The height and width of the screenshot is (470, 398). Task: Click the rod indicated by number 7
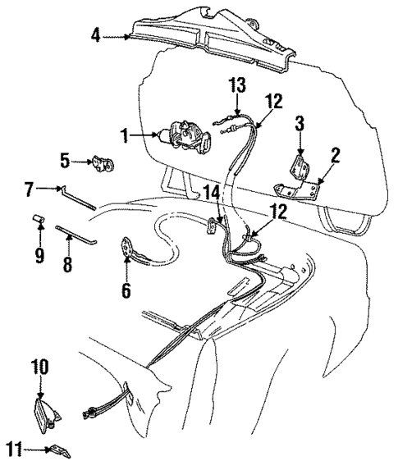80,199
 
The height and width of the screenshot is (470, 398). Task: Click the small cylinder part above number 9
38,220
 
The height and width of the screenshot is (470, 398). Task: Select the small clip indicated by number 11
60,450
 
